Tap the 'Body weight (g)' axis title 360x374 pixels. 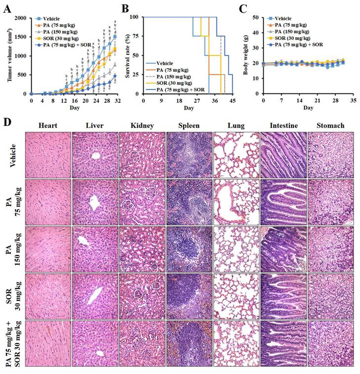245,54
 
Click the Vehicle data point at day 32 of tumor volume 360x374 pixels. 115,37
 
